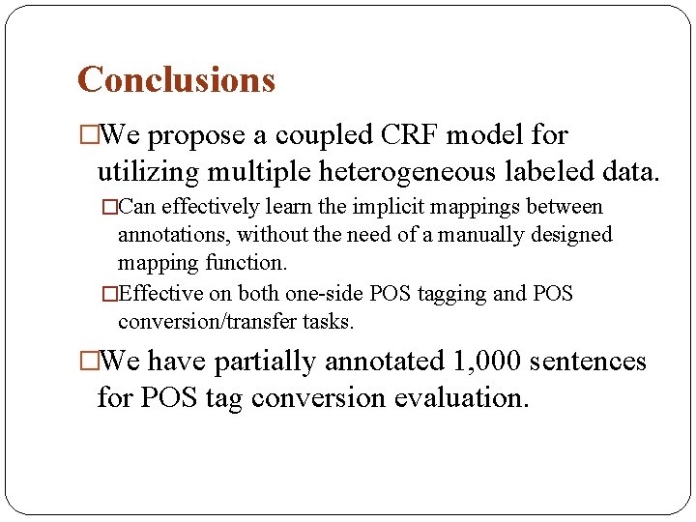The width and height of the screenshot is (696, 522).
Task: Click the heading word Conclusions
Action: (176, 79)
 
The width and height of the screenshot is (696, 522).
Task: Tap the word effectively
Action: (206, 207)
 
